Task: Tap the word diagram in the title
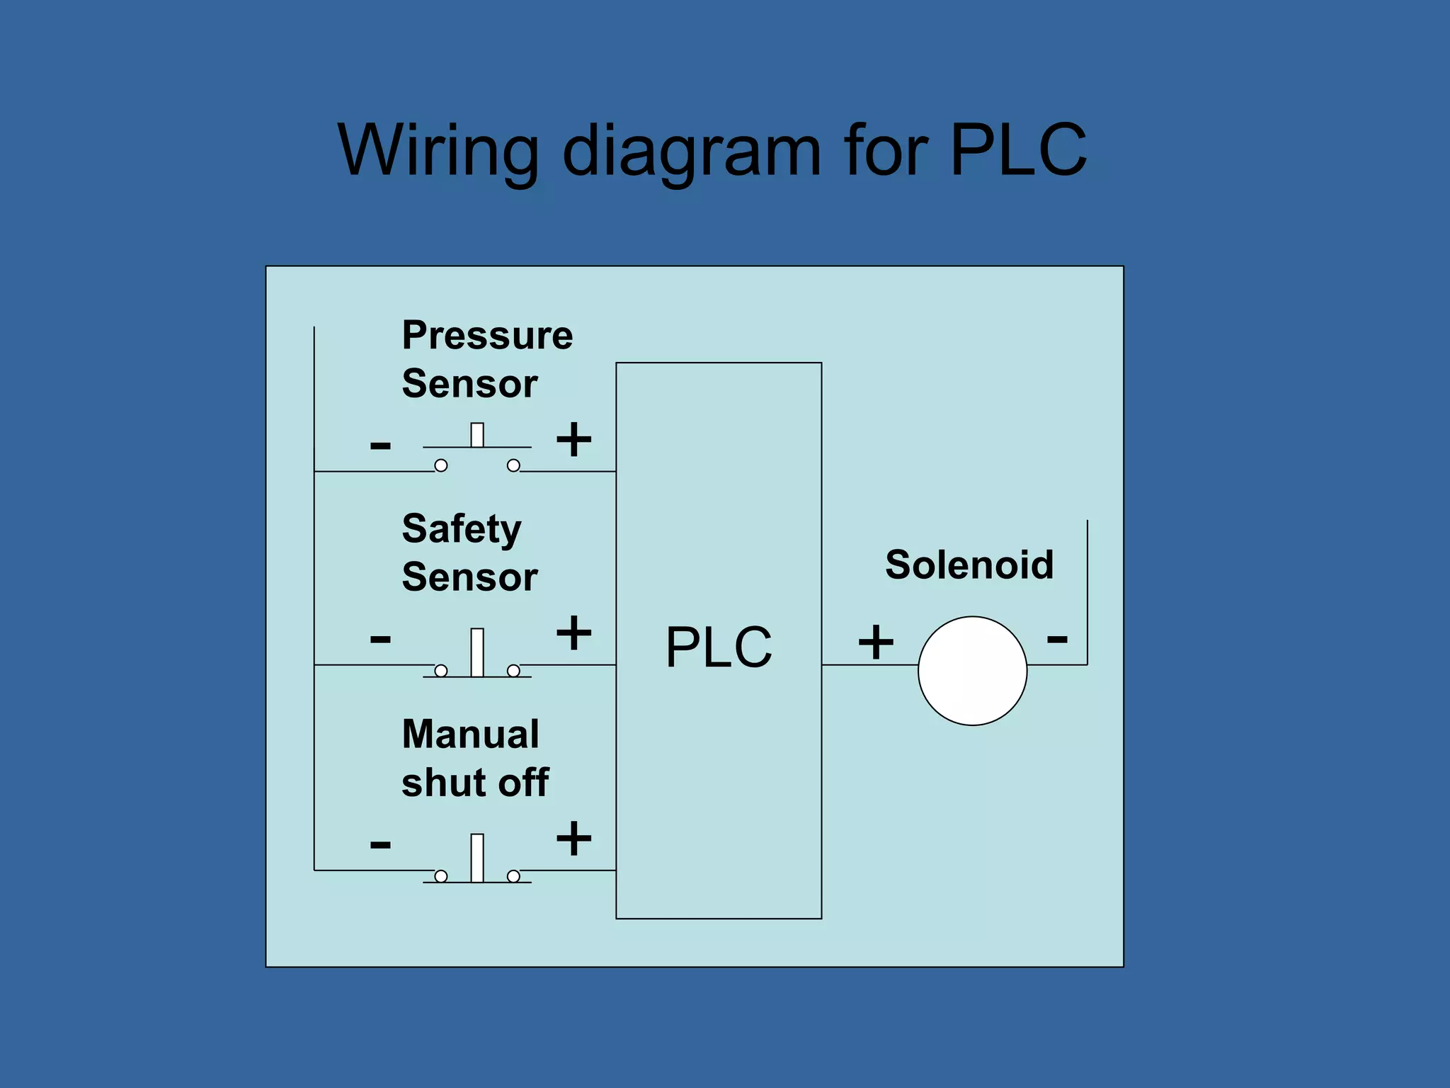[x=691, y=152]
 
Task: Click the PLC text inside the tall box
[x=719, y=647]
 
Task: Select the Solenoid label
[x=969, y=565]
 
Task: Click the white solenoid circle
[x=972, y=670]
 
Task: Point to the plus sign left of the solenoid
[x=876, y=642]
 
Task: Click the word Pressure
[x=487, y=335]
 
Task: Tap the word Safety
[x=462, y=530]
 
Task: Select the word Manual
[x=470, y=734]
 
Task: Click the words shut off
[x=475, y=783]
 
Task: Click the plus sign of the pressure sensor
[x=573, y=439]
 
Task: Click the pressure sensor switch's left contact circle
[x=440, y=465]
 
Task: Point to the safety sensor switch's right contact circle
[x=513, y=670]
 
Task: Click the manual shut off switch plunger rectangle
[x=477, y=857]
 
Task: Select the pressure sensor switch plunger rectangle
[x=477, y=435]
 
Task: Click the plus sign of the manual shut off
[x=573, y=839]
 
